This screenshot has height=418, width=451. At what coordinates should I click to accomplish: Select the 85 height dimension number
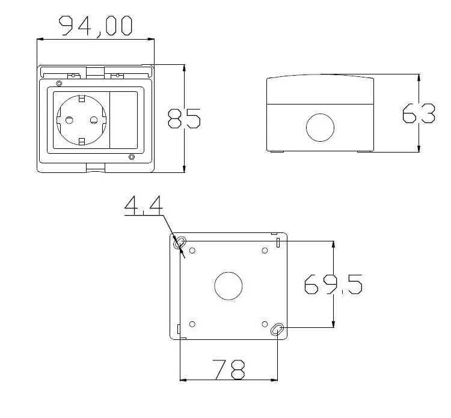click(184, 118)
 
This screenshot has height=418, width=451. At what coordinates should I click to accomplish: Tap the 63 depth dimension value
click(419, 114)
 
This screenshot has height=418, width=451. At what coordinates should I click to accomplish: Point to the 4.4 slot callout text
click(143, 206)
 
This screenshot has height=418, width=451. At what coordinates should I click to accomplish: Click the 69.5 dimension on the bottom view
click(333, 284)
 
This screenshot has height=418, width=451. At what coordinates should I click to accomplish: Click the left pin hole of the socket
click(69, 120)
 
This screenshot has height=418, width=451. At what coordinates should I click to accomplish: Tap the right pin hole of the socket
click(94, 120)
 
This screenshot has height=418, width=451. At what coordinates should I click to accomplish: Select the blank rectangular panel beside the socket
click(124, 120)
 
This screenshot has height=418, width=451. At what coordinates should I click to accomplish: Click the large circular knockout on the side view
click(319, 127)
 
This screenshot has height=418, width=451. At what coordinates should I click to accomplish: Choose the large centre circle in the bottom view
click(229, 286)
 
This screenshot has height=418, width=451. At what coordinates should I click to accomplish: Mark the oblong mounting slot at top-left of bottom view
click(179, 243)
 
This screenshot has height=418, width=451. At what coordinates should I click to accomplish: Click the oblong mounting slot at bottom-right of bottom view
click(278, 329)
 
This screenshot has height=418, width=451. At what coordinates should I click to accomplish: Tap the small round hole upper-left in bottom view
click(192, 250)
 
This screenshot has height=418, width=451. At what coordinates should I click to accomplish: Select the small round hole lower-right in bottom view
click(265, 324)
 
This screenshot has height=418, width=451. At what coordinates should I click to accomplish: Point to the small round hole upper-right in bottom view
click(265, 250)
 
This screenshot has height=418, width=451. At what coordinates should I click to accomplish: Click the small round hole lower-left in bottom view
click(192, 324)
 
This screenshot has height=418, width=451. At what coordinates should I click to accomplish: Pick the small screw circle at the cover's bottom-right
click(132, 157)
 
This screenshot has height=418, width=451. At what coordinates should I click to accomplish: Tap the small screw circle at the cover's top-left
click(58, 83)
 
